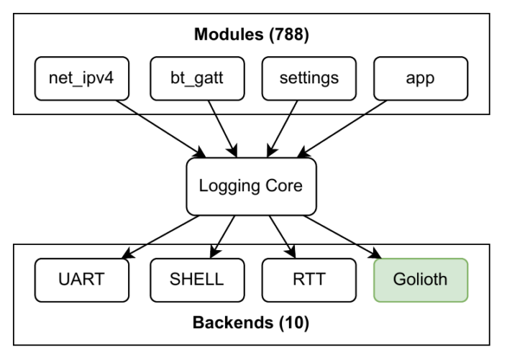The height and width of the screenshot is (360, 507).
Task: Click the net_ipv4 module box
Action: point(82,78)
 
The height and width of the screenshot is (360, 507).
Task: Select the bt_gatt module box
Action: point(197,78)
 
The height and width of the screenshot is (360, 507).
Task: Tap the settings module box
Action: point(309,78)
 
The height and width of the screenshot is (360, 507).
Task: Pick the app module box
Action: point(421,78)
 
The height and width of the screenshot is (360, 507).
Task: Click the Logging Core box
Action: point(251,186)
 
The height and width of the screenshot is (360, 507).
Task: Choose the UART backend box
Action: point(82,280)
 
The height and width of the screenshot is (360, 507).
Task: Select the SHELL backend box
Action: point(197,280)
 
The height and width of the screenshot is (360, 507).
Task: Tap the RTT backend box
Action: point(309,280)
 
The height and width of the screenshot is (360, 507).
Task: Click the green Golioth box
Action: point(421,280)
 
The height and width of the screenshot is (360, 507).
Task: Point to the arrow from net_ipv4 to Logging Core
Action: point(160,129)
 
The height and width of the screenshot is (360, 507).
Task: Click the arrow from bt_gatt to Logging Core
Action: point(223,129)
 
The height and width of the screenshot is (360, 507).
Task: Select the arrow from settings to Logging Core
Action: point(283,129)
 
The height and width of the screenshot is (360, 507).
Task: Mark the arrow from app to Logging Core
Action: point(342,129)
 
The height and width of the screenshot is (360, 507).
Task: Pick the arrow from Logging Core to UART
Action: point(160,237)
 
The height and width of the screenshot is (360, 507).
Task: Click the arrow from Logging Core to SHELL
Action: point(222,237)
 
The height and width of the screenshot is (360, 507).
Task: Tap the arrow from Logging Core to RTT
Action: point(283,237)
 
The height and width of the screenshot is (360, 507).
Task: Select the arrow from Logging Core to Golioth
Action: point(343,237)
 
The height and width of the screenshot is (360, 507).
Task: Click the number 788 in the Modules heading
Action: point(289,34)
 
